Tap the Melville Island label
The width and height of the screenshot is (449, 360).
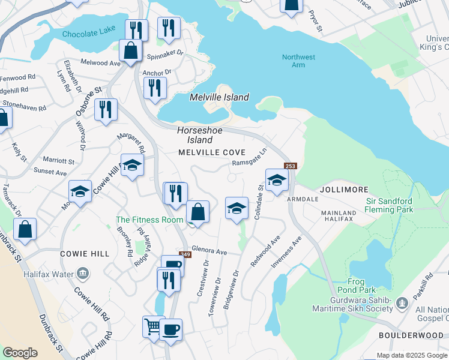pyautogui.click(x=219, y=97)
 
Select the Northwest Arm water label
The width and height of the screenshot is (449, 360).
pyautogui.click(x=298, y=61)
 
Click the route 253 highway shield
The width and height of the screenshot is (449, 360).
pyautogui.click(x=291, y=166)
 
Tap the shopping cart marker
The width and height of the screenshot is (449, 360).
pyautogui.click(x=153, y=327)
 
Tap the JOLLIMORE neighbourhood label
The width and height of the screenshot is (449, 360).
pyautogui.click(x=343, y=189)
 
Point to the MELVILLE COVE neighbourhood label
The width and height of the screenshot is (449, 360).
pyautogui.click(x=212, y=152)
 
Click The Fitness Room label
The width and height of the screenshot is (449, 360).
pyautogui.click(x=149, y=220)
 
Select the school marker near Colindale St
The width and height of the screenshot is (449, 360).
pyautogui.click(x=276, y=179)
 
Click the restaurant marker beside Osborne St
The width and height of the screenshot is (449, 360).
pyautogui.click(x=106, y=110)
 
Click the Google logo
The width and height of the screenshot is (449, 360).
pyautogui.click(x=20, y=353)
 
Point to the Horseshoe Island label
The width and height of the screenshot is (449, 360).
pyautogui.click(x=195, y=134)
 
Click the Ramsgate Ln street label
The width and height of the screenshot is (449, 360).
pyautogui.click(x=249, y=160)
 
